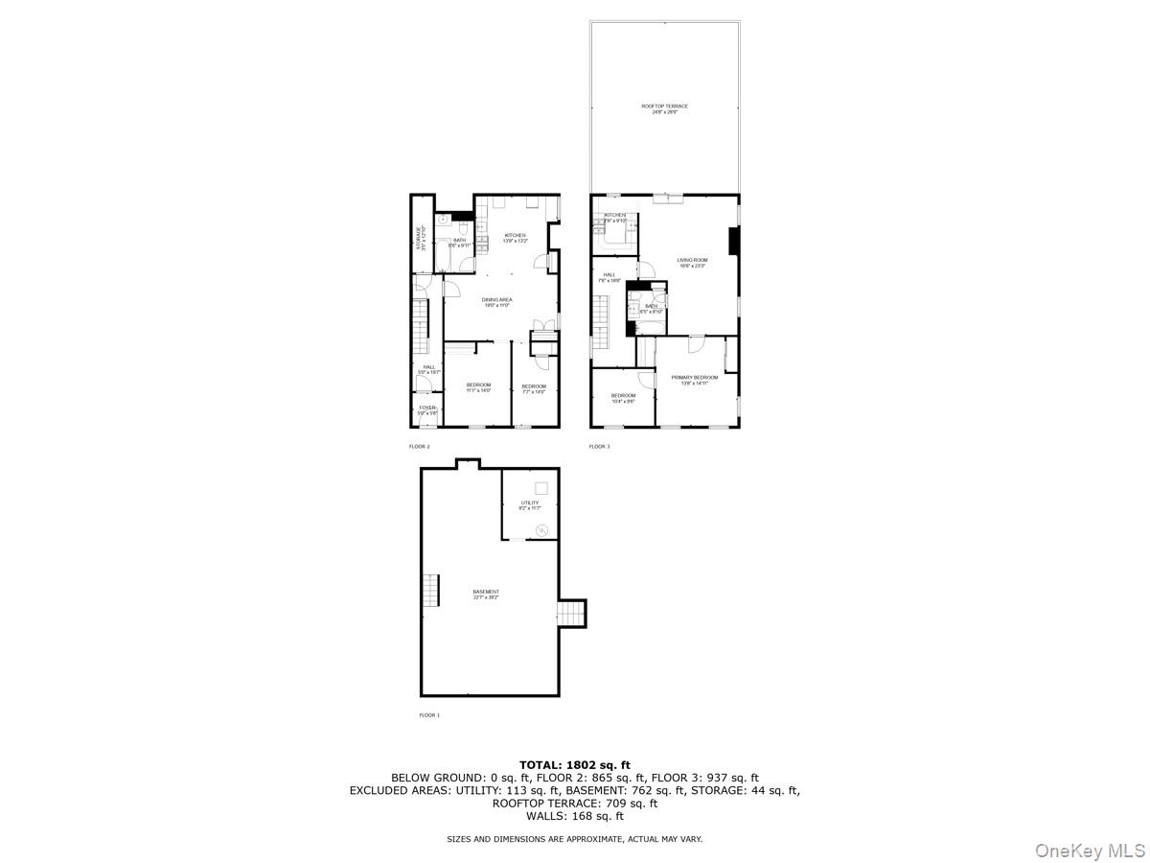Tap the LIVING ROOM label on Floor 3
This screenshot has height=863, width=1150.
[692, 262]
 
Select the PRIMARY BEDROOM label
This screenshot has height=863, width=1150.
[695, 380]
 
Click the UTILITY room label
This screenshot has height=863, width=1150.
[530, 504]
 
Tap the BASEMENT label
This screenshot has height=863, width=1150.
[485, 594]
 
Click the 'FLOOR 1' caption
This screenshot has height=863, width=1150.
[429, 715]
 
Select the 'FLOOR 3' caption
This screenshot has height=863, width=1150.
[599, 446]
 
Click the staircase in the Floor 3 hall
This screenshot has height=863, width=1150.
[600, 323]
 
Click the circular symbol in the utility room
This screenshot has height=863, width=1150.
[540, 529]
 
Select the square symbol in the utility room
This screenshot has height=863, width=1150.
[540, 487]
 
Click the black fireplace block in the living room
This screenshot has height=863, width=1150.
[734, 241]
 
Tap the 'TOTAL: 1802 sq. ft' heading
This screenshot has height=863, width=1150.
[575, 764]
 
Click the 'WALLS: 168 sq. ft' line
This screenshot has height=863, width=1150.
[575, 816]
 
